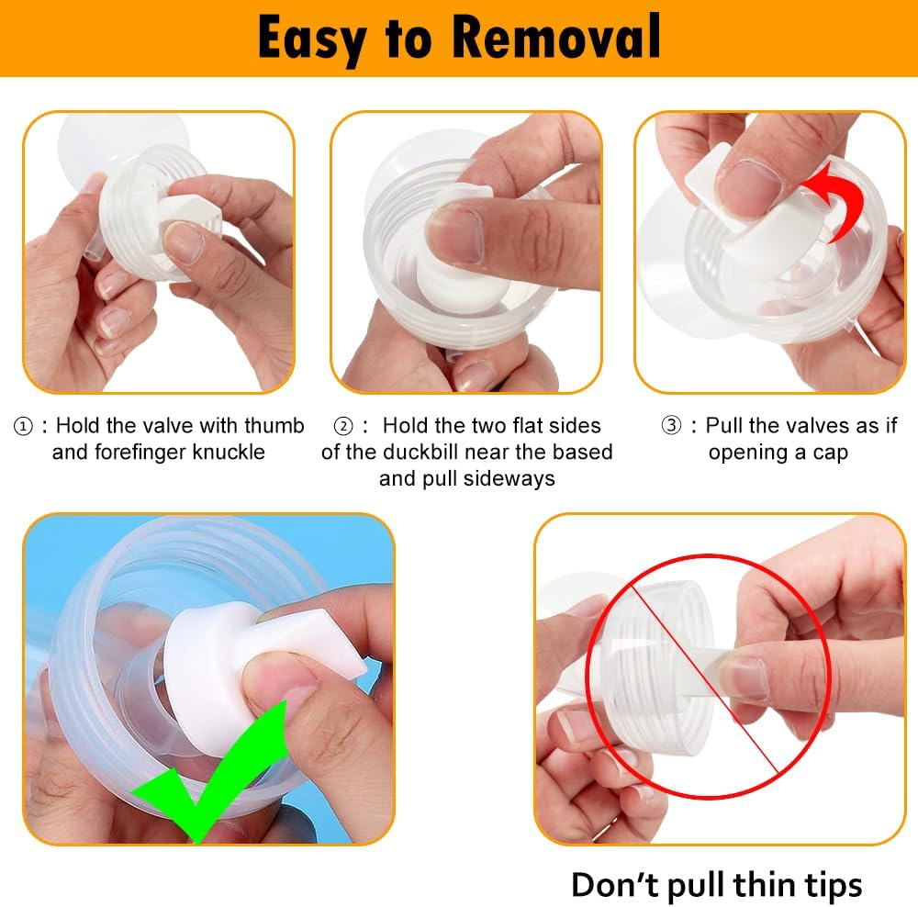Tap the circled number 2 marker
342,426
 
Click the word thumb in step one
274,426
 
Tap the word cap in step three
830,453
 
